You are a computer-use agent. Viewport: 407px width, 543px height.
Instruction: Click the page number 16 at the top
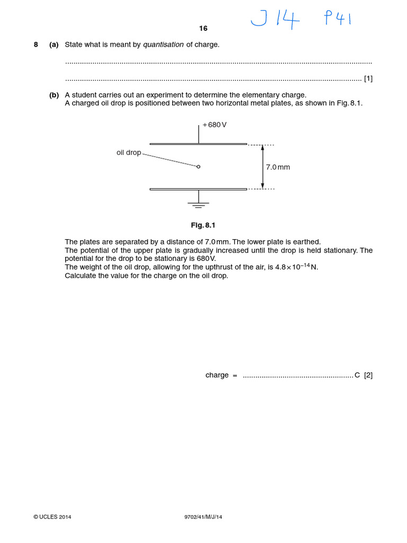coord(203,29)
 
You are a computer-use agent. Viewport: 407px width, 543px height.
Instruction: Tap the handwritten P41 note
coord(337,20)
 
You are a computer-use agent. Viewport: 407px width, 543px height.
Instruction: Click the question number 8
coord(36,45)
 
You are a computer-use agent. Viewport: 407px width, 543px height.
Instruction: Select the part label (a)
coord(54,45)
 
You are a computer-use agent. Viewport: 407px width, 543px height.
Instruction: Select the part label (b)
coord(54,95)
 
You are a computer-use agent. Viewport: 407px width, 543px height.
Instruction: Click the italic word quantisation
coord(163,45)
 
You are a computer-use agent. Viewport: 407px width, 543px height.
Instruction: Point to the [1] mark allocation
coord(368,78)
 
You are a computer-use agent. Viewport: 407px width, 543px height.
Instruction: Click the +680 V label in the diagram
coord(215,125)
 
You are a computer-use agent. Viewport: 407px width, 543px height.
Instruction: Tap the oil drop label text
coord(129,153)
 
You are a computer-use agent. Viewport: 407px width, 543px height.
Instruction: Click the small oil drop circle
coord(199,167)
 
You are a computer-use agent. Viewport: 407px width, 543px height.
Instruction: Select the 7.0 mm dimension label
coord(278,167)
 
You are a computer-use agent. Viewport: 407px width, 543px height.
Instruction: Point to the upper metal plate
coord(198,144)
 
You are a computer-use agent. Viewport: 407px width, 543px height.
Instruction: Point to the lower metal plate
coord(198,189)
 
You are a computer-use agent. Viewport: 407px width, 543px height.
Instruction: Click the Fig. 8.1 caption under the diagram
coord(203,225)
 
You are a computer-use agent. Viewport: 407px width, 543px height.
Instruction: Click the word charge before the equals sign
coord(217,375)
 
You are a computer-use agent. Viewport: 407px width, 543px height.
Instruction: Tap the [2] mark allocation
coord(368,375)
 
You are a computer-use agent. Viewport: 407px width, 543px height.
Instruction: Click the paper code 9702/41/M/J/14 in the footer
coord(199,517)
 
